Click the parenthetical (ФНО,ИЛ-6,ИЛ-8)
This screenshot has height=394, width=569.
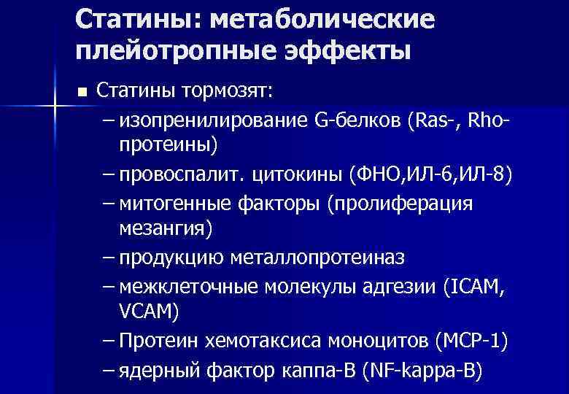pyautogui.click(x=432, y=175)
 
